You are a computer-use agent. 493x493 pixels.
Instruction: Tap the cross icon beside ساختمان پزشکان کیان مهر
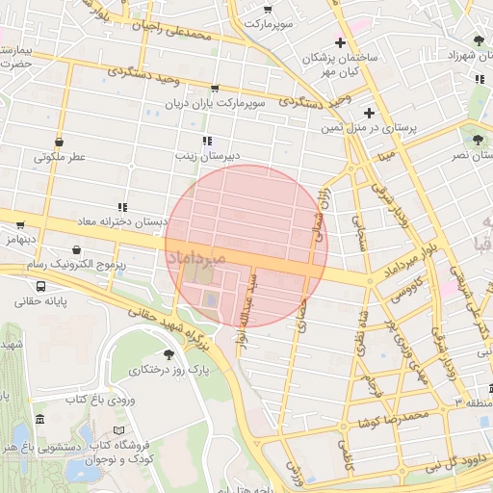tap(340, 42)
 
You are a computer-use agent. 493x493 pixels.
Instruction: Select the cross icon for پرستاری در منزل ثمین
tap(368, 113)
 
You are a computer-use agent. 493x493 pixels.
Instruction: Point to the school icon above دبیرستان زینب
tap(209, 141)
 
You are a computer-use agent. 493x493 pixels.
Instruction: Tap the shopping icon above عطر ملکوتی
tap(60, 142)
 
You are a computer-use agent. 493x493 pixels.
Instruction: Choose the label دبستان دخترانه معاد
tap(121, 221)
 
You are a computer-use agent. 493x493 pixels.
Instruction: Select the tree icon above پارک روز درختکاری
tap(169, 354)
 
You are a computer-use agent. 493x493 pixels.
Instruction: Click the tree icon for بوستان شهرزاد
tap(480, 39)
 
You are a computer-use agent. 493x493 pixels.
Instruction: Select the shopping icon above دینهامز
tap(20, 224)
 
